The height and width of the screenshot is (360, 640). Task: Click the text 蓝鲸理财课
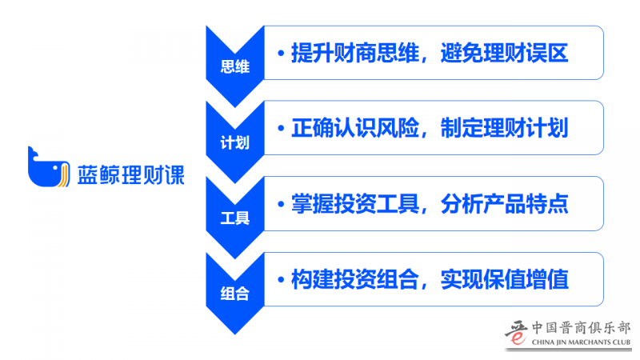[130, 174]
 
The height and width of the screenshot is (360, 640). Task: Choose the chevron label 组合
[234, 294]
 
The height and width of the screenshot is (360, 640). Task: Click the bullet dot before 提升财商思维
[281, 54]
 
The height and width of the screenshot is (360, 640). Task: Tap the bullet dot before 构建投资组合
[281, 280]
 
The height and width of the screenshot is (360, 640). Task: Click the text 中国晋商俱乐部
[582, 328]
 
